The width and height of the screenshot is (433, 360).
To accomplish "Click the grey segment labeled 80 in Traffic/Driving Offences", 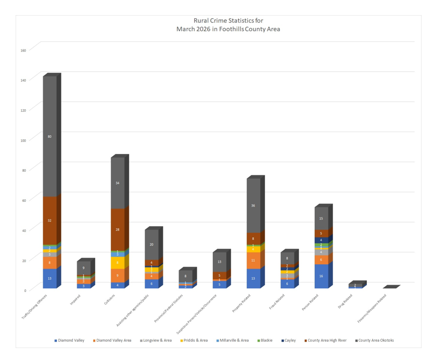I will tap(50, 136).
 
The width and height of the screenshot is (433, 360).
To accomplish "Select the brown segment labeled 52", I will tap(50, 221).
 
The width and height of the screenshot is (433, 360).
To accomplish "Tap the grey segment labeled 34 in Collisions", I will tap(118, 183).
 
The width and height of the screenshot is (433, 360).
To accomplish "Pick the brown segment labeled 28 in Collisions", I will tap(118, 230).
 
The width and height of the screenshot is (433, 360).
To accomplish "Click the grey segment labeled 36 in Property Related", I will tap(253, 205).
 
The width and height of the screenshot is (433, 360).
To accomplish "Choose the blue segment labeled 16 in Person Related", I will tap(321, 276).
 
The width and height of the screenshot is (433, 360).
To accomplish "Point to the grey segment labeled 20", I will tap(151, 245).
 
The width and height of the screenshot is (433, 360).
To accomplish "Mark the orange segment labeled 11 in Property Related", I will tap(253, 260).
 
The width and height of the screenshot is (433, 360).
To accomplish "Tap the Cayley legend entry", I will tap(289, 341).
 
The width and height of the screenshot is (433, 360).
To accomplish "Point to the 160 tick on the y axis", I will tap(23, 50).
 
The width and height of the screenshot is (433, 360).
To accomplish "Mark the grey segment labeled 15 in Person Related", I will tap(321, 218).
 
